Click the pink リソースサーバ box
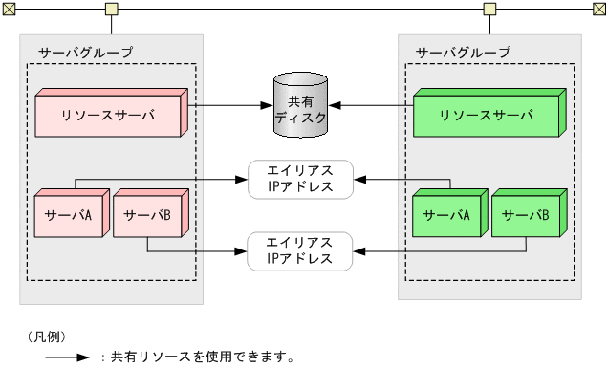coord(107,116)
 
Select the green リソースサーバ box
coord(487,116)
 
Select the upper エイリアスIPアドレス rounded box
coord(300,179)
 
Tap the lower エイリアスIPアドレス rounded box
coord(300,251)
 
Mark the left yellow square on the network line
coord(111,10)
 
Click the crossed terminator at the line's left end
coord(8,10)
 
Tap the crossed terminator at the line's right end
coord(599,10)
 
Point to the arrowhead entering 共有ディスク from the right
coord(336,105)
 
